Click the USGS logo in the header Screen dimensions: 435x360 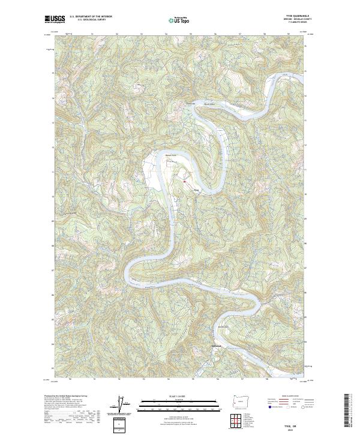pos(53,19)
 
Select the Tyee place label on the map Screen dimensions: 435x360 pos(195,191)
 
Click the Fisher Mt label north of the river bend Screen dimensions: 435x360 pos(190,103)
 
